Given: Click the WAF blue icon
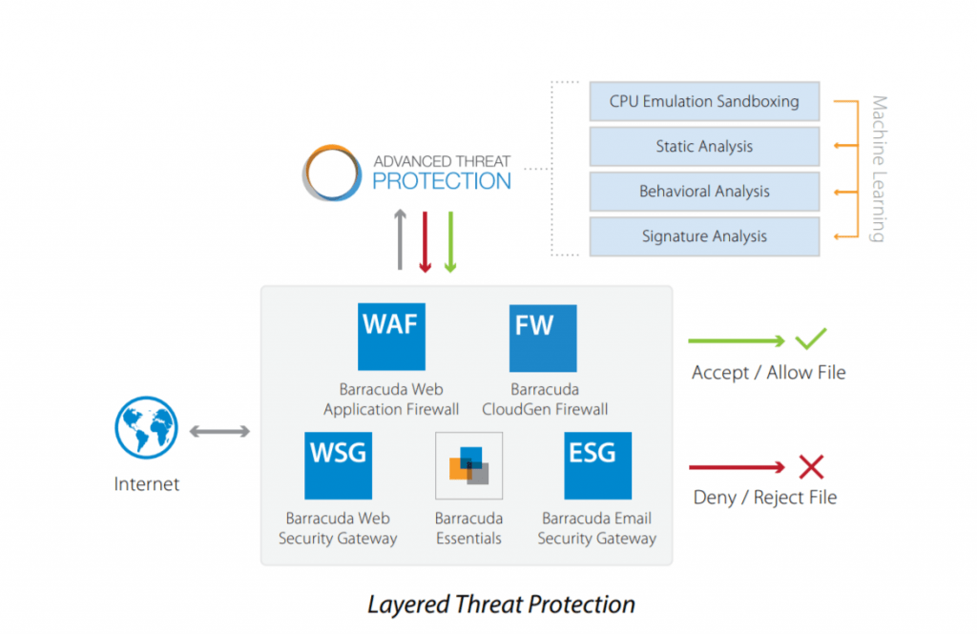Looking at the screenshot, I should [391, 337].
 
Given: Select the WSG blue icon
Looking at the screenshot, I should [338, 465].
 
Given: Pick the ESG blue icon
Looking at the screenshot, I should [597, 465].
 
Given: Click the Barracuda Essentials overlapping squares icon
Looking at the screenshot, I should [468, 466].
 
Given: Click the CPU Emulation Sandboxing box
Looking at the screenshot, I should [704, 101].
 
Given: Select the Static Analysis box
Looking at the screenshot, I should [704, 147].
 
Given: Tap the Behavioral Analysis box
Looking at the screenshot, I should [704, 192].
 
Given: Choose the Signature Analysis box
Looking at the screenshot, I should [704, 236].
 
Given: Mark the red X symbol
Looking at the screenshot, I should [811, 466].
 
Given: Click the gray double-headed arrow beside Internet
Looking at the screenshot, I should [219, 432].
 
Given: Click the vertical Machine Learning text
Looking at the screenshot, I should [879, 169].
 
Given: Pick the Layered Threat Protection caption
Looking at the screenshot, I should [501, 604].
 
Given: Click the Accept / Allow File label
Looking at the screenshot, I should [768, 373].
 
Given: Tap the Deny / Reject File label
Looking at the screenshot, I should [764, 497].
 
